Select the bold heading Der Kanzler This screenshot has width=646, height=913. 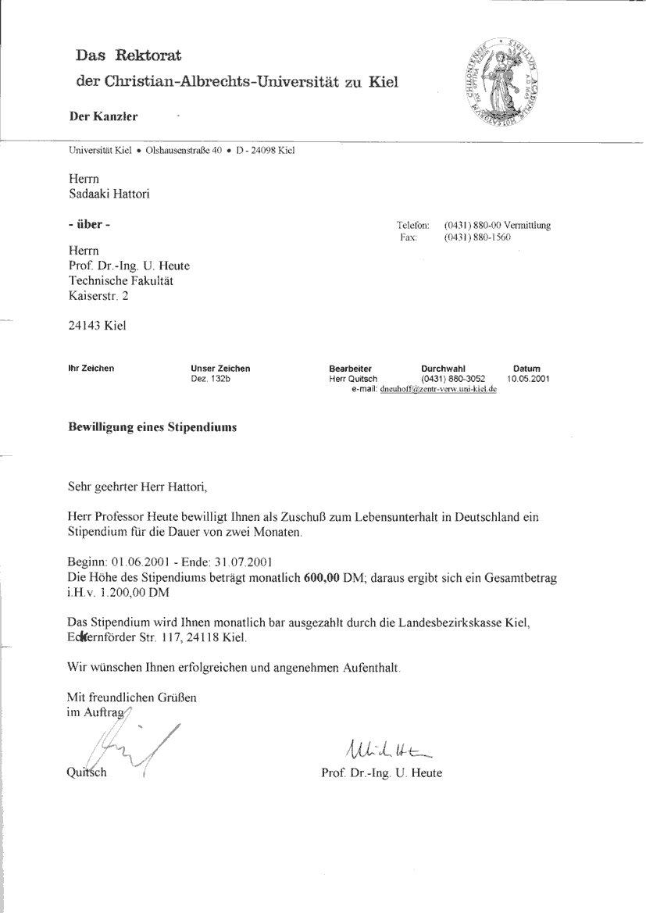[103, 117]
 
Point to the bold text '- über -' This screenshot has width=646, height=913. [90, 225]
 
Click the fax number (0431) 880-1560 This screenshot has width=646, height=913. [476, 237]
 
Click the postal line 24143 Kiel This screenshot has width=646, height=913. [98, 326]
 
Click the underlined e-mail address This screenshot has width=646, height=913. [438, 389]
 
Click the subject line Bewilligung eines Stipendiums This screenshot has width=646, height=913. [152, 428]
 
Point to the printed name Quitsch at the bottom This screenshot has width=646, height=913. [88, 773]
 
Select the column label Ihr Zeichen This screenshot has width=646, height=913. [92, 369]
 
